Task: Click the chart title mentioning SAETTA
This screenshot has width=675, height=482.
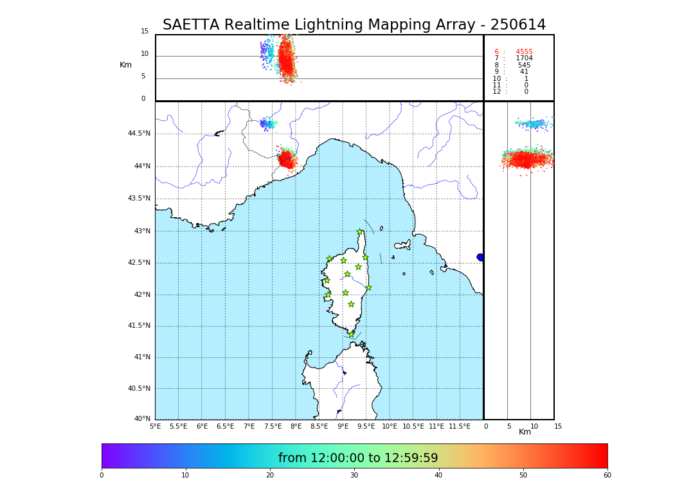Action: [354, 25]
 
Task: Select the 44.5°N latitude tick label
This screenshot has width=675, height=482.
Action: [138, 134]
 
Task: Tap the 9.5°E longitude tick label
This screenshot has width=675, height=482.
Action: [366, 426]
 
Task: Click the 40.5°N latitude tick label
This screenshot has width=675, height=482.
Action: [138, 389]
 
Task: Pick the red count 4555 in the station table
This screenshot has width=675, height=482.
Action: [524, 52]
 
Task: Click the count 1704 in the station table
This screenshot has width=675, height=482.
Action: [524, 58]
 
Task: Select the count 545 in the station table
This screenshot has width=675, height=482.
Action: [524, 66]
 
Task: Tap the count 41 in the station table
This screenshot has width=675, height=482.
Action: [524, 72]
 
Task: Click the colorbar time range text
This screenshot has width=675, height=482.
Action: [358, 458]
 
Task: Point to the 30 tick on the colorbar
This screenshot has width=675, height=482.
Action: [354, 476]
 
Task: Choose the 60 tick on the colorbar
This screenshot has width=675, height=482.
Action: [607, 476]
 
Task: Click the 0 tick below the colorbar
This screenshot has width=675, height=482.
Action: [102, 476]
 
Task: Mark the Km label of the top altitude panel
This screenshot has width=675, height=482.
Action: [125, 65]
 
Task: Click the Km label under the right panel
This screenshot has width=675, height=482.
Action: [525, 432]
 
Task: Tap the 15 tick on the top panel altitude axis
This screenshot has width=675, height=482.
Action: [145, 31]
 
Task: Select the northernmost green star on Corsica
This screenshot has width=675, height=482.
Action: [360, 232]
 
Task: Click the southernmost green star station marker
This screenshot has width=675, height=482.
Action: [351, 334]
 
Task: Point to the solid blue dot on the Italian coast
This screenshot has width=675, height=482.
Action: [480, 257]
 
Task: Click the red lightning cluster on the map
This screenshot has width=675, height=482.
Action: [286, 159]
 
